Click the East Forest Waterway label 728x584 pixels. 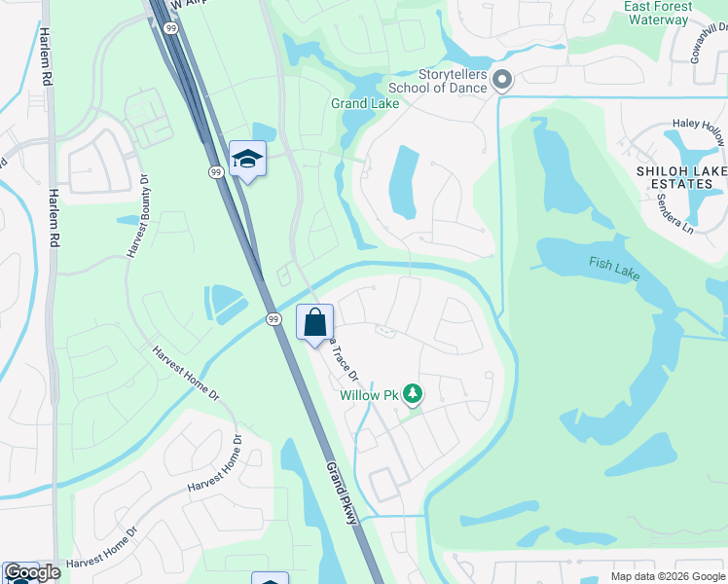[x=658, y=13]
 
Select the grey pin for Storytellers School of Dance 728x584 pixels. [x=502, y=79]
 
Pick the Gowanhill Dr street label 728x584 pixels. [x=710, y=41]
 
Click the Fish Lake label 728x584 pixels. [x=613, y=268]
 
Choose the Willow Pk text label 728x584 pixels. [x=370, y=395]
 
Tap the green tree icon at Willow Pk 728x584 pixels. [x=414, y=393]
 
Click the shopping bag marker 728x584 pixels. [x=314, y=322]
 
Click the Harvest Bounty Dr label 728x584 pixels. [x=136, y=217]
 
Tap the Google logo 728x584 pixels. [x=32, y=572]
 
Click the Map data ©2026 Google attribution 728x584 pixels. [x=667, y=576]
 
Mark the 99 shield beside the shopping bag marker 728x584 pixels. [x=273, y=318]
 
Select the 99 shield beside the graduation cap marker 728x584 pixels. [x=215, y=171]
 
